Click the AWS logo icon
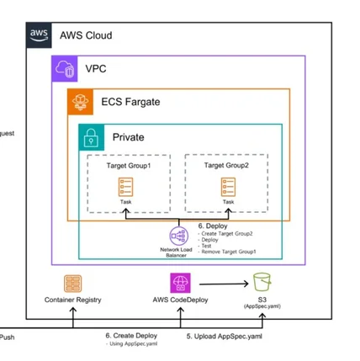point(39,35)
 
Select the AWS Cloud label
point(85,36)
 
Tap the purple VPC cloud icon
point(65,67)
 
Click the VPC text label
point(96,68)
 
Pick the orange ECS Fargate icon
point(80,102)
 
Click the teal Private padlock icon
point(92,136)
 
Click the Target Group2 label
point(228,166)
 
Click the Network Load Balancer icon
point(177,235)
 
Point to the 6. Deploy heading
point(212,226)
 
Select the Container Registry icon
point(74,283)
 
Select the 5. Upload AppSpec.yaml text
point(221,336)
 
